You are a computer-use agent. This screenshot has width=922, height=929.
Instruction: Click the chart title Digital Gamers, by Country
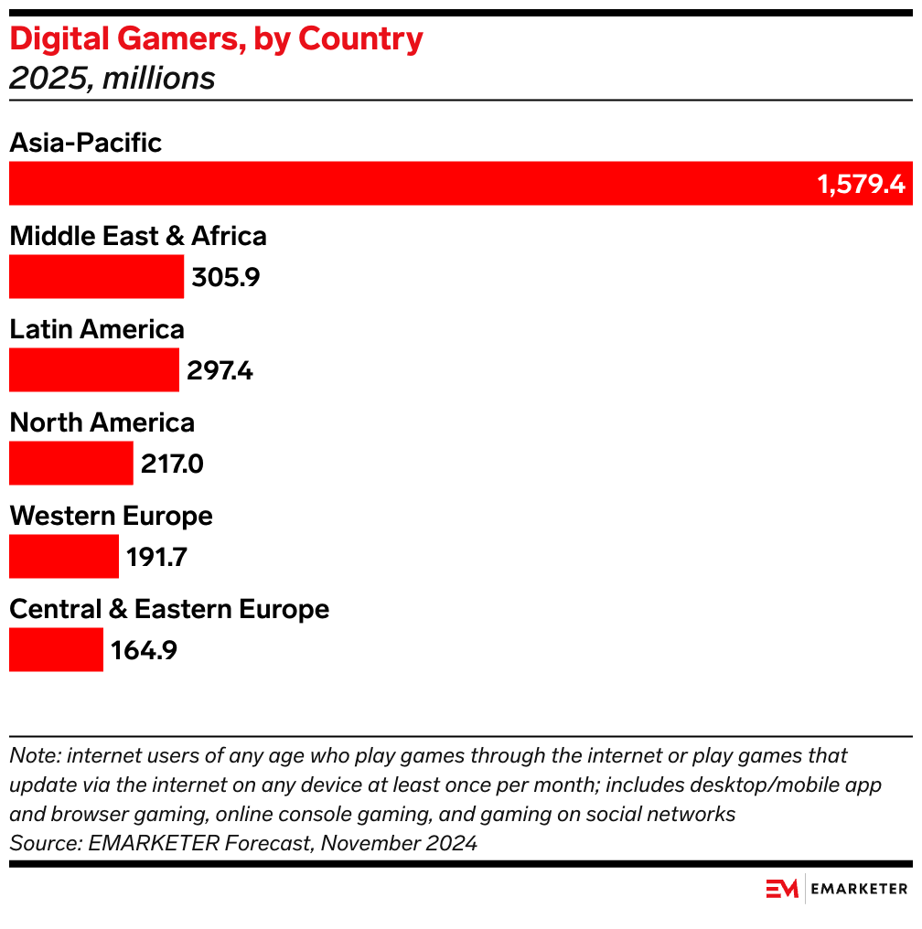click(216, 39)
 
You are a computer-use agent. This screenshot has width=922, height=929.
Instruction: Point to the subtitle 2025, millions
click(112, 79)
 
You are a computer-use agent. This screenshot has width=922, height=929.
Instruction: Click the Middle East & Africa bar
click(96, 277)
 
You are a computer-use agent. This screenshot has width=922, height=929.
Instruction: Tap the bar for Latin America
click(93, 370)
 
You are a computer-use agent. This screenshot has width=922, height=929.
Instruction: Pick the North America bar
click(70, 464)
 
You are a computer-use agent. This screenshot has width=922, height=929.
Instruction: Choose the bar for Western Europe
click(64, 557)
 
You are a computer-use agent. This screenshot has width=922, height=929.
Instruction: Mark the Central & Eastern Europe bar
click(56, 650)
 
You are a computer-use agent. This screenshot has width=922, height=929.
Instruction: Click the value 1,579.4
click(861, 185)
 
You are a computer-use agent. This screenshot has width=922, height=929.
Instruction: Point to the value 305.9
click(226, 278)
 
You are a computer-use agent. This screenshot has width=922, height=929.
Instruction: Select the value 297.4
click(220, 371)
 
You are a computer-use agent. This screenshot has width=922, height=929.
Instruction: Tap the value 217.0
click(172, 464)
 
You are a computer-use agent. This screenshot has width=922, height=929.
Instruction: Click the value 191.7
click(157, 558)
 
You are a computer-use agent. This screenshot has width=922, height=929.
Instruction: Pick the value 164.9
click(144, 651)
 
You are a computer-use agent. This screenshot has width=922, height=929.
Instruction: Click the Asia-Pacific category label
click(85, 143)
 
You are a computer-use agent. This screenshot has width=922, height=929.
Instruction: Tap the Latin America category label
click(97, 329)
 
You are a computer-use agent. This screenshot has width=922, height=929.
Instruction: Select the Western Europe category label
click(111, 516)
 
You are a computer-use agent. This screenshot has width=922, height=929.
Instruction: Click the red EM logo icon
click(782, 889)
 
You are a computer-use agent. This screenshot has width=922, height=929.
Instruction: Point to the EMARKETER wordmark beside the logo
click(860, 889)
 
